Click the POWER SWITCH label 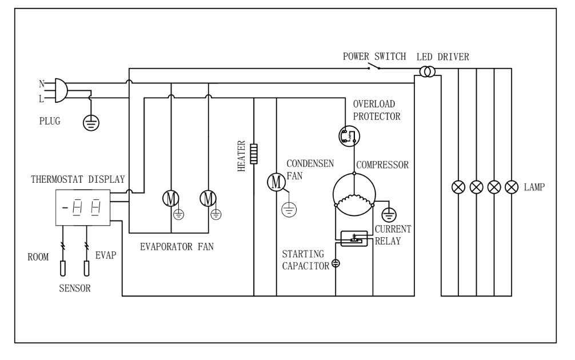click(374, 57)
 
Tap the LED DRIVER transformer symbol click(426, 73)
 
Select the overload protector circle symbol click(348, 135)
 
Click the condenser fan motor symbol click(277, 182)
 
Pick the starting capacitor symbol click(336, 263)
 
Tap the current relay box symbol click(354, 238)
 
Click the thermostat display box click(81, 206)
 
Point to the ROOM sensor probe click(62, 269)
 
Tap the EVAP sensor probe click(87, 269)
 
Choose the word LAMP click(535, 187)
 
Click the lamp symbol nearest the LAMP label click(512, 187)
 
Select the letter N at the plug click(42, 83)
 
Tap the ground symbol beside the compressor click(390, 214)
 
